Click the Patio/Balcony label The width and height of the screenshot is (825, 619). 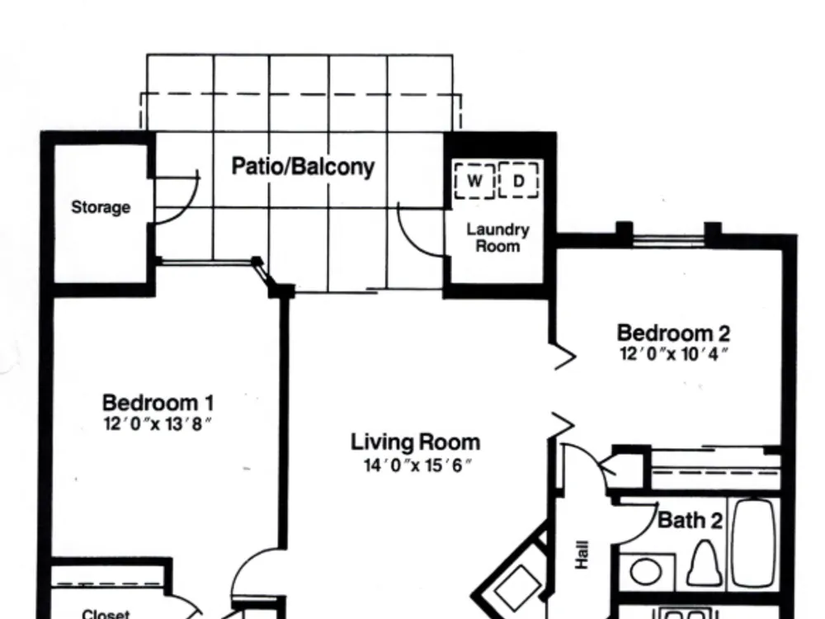pos(303,167)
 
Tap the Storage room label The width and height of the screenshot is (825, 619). pos(101,207)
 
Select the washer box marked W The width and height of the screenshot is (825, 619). pos(474,181)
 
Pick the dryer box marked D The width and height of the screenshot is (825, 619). pos(519,180)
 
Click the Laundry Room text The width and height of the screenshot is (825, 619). pos(497,238)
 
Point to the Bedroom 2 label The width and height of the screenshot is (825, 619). pos(673,333)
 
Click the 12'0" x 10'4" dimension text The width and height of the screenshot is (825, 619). pos(674,354)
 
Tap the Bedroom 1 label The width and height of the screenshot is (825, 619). pos(158,404)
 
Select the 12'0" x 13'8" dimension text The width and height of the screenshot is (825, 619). pos(158,423)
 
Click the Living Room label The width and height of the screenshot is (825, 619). pos(416,442)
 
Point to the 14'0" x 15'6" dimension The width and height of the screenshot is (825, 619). pos(417,465)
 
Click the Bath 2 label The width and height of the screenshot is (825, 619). pos(690,521)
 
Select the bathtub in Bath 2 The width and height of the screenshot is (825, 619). pos(755,543)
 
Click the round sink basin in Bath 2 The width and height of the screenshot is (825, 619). pos(646,572)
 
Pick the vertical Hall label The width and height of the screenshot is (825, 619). pos(582,555)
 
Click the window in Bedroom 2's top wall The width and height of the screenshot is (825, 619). pos(668,240)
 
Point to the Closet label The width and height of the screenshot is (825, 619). pos(106,614)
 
